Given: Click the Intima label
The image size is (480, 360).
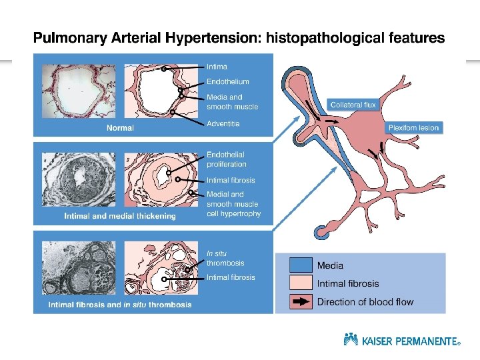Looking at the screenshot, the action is coord(217,67).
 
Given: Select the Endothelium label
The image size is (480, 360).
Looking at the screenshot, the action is coord(227,81).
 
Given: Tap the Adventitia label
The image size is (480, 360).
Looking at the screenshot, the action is coord(223,123).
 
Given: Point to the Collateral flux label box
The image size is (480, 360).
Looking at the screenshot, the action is coord(353,105).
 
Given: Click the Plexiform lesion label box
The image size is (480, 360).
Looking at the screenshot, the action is coord(414,127).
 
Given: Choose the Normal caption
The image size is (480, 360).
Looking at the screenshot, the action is coord(121,127).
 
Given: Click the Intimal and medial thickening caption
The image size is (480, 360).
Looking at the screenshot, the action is coord(120,216).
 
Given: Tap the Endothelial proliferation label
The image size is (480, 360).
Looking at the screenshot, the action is coord(227,159).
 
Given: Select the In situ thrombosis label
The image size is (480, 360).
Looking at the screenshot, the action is coord(225,258).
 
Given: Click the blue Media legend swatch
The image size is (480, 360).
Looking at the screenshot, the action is coord(301,266).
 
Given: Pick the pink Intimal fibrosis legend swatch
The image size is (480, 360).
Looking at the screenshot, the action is coord(301,283).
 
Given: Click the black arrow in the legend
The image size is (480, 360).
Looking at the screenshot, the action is coord(301,301).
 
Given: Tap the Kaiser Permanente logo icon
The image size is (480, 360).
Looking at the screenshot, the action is coord(351,339).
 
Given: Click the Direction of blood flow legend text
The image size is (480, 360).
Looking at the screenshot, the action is coord(365,302).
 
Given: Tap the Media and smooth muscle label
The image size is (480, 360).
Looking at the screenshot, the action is coord(232,102).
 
